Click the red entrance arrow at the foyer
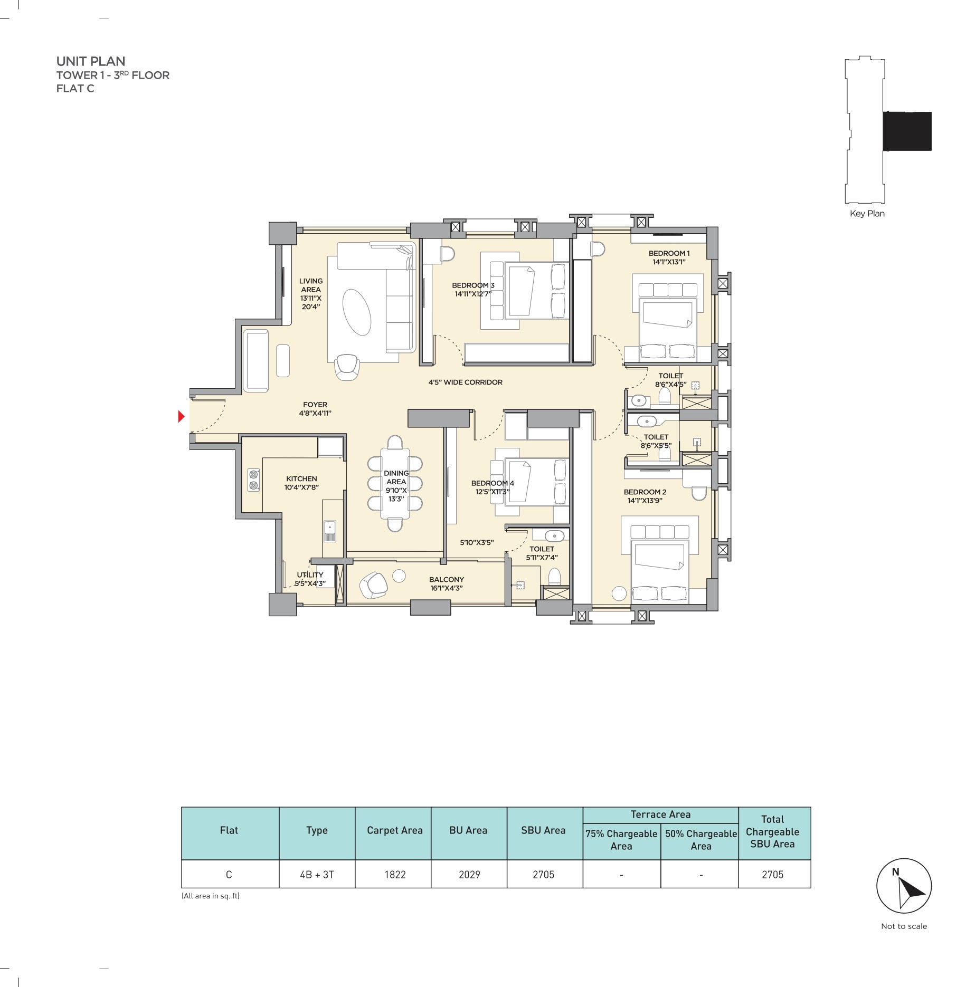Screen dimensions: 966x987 [x=181, y=417]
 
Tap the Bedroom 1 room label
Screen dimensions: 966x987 [x=669, y=257]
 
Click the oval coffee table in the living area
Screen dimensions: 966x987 [x=357, y=312]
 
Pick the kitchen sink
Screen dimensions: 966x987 [x=329, y=531]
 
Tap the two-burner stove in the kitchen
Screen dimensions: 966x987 [x=254, y=480]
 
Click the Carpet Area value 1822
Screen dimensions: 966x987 [x=395, y=875]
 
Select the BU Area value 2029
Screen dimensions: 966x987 [x=469, y=875]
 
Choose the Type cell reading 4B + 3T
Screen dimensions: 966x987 [x=317, y=875]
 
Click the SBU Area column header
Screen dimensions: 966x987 [x=543, y=830]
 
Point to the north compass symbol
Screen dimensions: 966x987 [x=904, y=886]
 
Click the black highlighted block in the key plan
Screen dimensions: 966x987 [x=907, y=131]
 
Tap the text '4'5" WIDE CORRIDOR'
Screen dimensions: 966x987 [x=465, y=382]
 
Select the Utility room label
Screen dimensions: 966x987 [x=310, y=579]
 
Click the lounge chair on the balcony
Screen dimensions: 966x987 [x=374, y=585]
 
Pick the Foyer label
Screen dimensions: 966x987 [x=315, y=409]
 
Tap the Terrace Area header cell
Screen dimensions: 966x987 [x=660, y=814]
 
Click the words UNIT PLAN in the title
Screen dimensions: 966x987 [x=91, y=61]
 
